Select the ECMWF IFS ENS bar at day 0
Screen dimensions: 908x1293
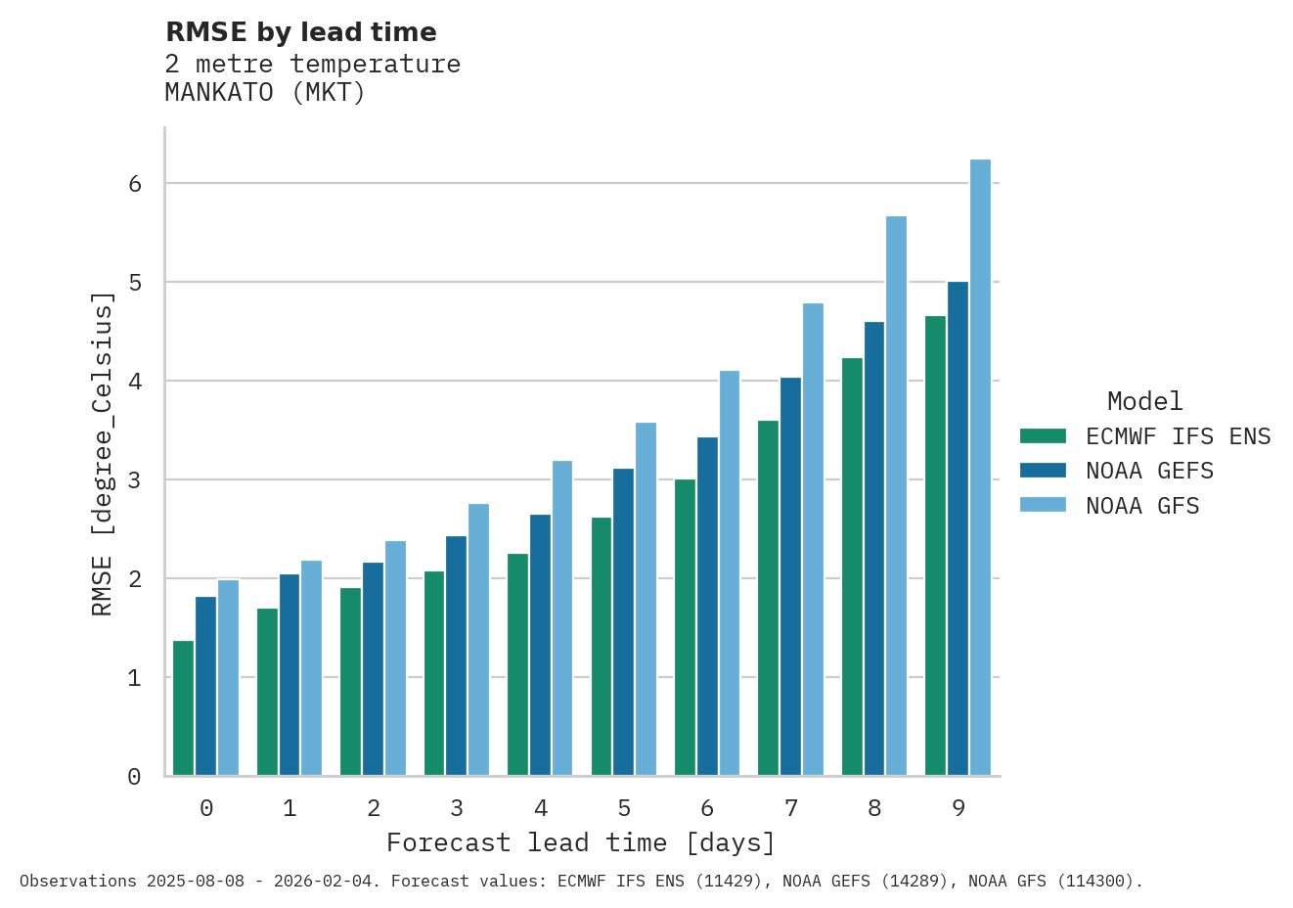pyautogui.click(x=183, y=708)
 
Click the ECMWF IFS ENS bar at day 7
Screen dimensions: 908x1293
pyautogui.click(x=768, y=598)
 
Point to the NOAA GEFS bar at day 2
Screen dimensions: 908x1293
pyautogui.click(x=373, y=669)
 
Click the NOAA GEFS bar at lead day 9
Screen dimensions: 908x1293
pyautogui.click(x=958, y=528)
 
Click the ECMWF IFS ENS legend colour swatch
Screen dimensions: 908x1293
pyautogui.click(x=1043, y=436)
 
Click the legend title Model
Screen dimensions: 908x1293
pyautogui.click(x=1144, y=401)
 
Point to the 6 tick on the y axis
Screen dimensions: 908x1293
pyautogui.click(x=135, y=184)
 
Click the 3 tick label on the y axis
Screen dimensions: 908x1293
pyautogui.click(x=135, y=480)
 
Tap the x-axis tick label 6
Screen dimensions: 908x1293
pyautogui.click(x=707, y=808)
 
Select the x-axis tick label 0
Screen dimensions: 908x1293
pyautogui.click(x=206, y=808)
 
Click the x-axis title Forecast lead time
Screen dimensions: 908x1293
pyautogui.click(x=581, y=842)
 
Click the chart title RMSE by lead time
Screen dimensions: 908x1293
pyautogui.click(x=301, y=32)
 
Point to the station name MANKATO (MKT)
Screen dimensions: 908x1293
pyautogui.click(x=265, y=93)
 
